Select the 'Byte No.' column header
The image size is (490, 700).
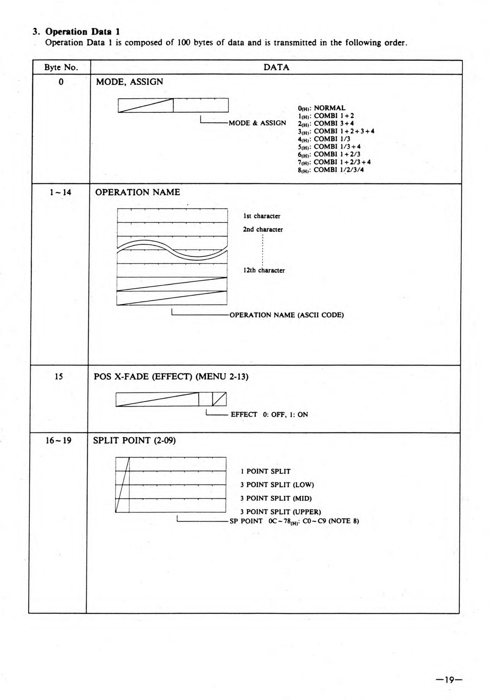click(61, 67)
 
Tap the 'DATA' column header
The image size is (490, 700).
click(276, 67)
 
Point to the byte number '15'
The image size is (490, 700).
click(59, 377)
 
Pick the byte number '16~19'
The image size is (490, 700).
click(59, 440)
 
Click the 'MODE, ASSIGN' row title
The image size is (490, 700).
click(130, 82)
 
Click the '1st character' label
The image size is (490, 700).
click(262, 216)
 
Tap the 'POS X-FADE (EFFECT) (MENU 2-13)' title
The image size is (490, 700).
click(171, 377)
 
